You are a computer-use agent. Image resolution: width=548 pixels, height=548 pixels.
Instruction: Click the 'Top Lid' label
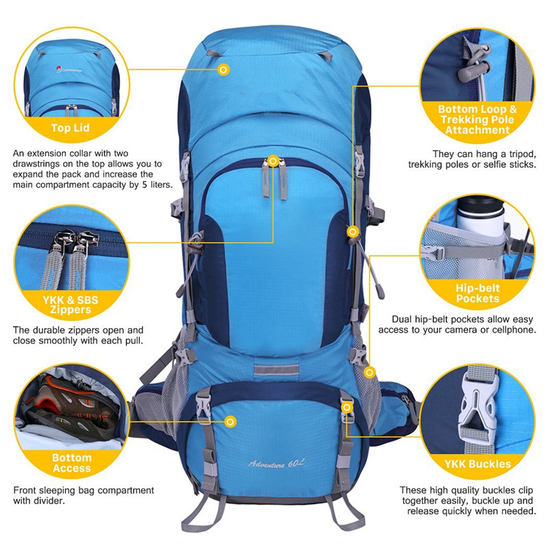pyautogui.click(x=71, y=127)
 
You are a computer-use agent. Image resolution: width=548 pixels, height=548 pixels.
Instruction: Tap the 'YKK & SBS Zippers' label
pyautogui.click(x=71, y=305)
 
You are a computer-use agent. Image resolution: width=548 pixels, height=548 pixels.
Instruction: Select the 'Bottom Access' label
pyautogui.click(x=72, y=463)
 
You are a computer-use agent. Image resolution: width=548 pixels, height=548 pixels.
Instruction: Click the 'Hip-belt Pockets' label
pyautogui.click(x=477, y=293)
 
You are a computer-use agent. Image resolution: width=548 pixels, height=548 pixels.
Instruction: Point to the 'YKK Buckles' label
pyautogui.click(x=477, y=464)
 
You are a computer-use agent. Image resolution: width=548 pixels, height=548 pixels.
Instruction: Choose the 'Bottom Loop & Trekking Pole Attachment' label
pyautogui.click(x=477, y=119)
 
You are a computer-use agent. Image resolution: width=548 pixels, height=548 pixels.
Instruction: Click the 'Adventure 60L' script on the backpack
pyautogui.click(x=276, y=464)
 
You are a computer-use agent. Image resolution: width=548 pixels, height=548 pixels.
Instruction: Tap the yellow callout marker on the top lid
pyautogui.click(x=224, y=70)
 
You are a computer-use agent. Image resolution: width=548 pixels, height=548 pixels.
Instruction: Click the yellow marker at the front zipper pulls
pyautogui.click(x=273, y=161)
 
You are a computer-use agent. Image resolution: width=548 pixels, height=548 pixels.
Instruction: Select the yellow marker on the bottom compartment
pyautogui.click(x=230, y=422)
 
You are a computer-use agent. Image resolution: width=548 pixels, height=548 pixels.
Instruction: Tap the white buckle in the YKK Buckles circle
pyautogui.click(x=477, y=406)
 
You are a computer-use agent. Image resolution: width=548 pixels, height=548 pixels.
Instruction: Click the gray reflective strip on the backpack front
pyautogui.click(x=276, y=370)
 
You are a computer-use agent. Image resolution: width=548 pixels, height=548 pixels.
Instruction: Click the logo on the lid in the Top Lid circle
pyautogui.click(x=69, y=69)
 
